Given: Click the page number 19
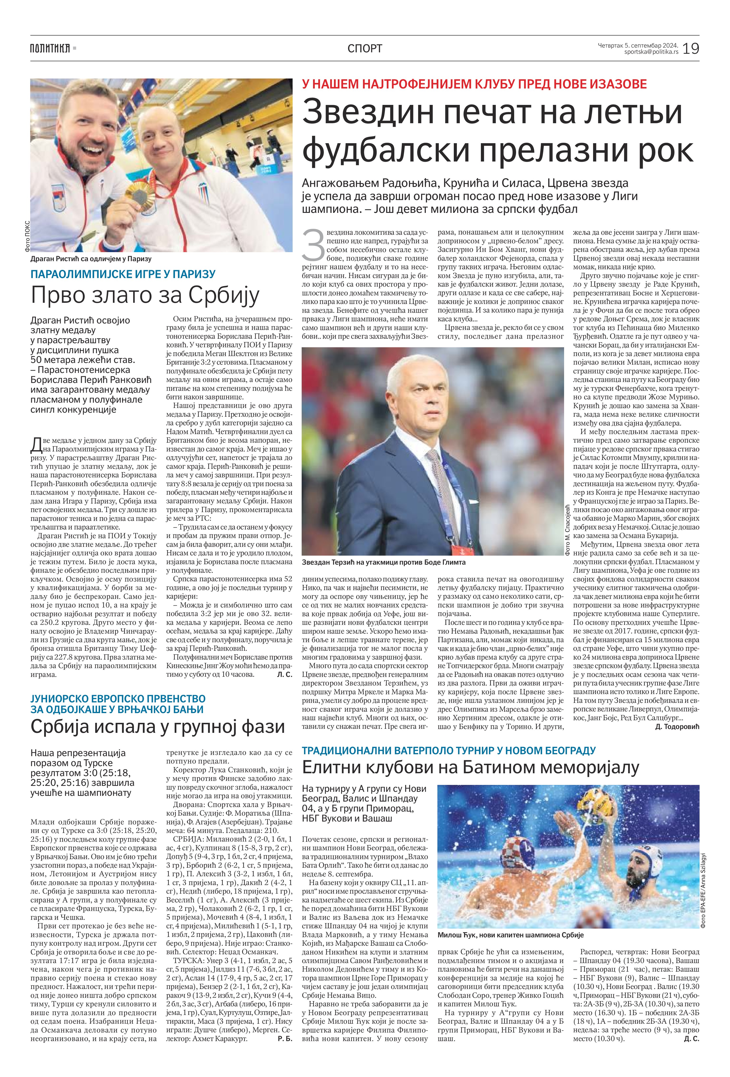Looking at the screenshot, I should (691, 48).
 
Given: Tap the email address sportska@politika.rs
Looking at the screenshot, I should (651, 52).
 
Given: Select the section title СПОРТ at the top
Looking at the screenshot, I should (365, 48).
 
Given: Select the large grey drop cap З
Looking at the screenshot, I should (313, 245).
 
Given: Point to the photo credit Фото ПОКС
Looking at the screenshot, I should (26, 235).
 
